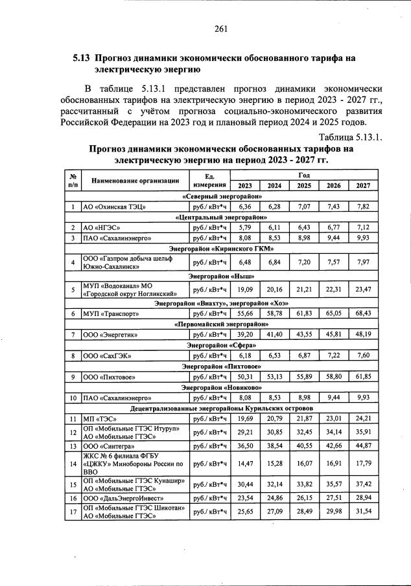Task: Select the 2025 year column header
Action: pos(304,185)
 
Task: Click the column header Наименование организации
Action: pos(135,181)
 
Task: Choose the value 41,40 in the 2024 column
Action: pos(275,334)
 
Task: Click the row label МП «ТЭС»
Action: pos(99,419)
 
